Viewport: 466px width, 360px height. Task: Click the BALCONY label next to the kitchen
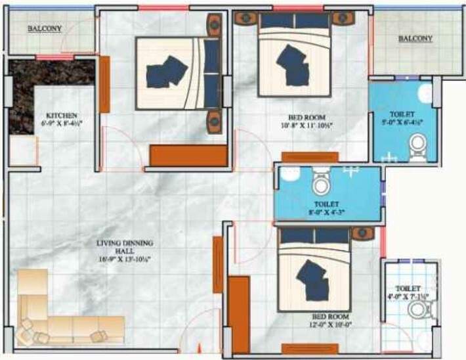[44, 29]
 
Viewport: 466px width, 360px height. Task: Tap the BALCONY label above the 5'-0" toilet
[415, 39]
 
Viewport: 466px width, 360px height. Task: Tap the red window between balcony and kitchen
[54, 58]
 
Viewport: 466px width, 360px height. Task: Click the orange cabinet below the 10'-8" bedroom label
[310, 157]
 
